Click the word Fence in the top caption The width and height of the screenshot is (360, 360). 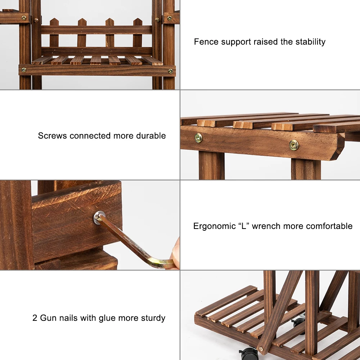[x=206, y=42]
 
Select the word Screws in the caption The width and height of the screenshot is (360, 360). [x=53, y=136]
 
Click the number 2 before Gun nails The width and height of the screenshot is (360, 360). [x=35, y=318]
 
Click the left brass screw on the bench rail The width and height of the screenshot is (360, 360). [x=198, y=138]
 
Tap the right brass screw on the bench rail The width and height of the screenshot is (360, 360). [x=294, y=145]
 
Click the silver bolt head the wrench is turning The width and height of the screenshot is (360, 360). [x=99, y=217]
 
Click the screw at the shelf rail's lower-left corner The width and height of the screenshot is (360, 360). [x=24, y=70]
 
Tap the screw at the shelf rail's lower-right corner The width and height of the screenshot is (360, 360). [x=171, y=71]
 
